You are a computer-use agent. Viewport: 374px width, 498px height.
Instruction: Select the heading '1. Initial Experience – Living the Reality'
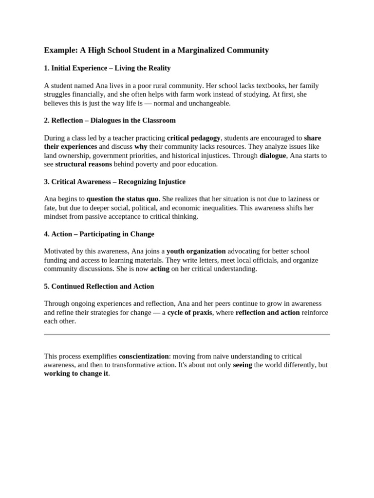pos(107,68)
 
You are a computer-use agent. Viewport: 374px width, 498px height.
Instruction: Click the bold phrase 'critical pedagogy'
pos(194,138)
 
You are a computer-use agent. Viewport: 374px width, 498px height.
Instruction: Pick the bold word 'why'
pos(141,147)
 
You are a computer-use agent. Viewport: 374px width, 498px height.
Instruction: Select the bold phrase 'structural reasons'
pos(83,164)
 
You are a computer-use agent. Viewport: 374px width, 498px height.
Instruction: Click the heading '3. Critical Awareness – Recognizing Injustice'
pos(114,182)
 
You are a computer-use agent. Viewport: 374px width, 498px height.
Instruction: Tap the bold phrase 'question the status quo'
pos(123,199)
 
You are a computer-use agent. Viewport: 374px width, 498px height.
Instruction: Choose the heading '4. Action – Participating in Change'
pos(99,234)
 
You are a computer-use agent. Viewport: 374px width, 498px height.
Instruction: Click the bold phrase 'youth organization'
pos(196,251)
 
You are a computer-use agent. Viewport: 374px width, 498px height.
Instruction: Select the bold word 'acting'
pos(160,269)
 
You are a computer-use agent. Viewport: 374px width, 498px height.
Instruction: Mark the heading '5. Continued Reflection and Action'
pos(99,286)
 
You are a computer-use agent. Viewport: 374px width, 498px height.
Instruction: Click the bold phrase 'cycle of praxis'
pos(190,313)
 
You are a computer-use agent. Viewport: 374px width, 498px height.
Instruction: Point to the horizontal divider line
pos(187,335)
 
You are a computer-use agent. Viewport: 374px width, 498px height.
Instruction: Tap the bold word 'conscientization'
pos(144,356)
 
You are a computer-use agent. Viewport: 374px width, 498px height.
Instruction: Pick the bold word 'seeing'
pos(243,365)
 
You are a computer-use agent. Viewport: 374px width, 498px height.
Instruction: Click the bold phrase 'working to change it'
pos(76,374)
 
